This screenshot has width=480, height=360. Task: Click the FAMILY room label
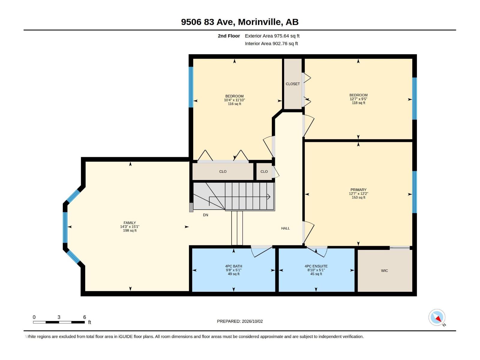[x=130, y=223]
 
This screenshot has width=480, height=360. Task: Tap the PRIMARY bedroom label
[x=358, y=190]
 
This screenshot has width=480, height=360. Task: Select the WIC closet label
[x=384, y=271]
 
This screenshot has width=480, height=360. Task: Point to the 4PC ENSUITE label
[x=316, y=266]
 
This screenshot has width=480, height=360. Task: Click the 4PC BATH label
[x=233, y=266]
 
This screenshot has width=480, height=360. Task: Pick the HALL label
[x=285, y=228]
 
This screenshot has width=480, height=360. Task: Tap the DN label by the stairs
[x=205, y=215]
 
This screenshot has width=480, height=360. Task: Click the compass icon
[x=437, y=317]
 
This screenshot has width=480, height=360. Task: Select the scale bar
[x=59, y=322]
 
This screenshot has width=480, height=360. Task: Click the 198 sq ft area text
[x=130, y=230]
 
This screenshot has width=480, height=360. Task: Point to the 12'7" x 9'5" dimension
[x=358, y=99]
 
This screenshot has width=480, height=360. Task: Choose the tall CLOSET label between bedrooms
[x=292, y=84]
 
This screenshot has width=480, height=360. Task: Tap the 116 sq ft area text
[x=234, y=104]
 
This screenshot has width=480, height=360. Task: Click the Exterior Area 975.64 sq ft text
[x=272, y=36]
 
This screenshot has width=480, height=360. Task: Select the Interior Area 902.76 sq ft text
[x=271, y=43]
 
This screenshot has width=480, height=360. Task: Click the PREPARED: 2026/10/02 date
[x=240, y=321]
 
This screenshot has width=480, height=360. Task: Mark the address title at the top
[x=240, y=22]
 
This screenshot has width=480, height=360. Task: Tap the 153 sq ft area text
[x=358, y=197]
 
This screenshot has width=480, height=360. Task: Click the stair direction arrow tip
[x=270, y=197]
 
